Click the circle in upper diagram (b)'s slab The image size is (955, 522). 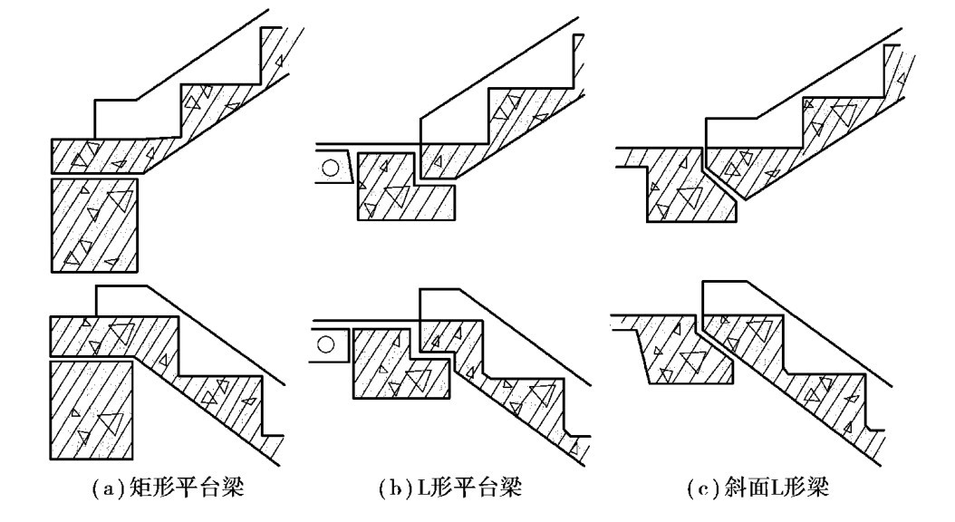click(x=334, y=169)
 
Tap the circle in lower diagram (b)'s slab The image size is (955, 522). click(x=331, y=345)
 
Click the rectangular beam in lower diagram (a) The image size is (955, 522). click(x=91, y=410)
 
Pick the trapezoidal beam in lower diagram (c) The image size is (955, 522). click(x=684, y=358)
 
